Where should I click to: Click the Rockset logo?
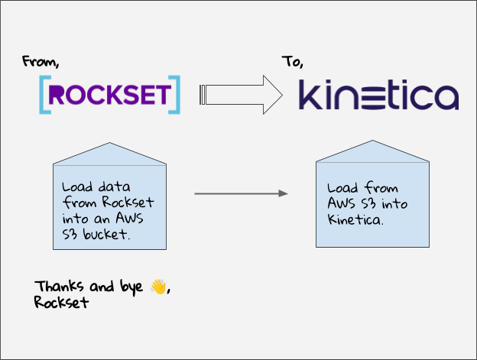point(109,94)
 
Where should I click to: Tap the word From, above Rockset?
point(40,60)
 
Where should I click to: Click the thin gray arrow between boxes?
point(241,194)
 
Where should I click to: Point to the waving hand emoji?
point(157,287)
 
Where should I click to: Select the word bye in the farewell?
point(132,288)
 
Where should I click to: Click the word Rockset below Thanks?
point(61,302)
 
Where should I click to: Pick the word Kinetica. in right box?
point(355,220)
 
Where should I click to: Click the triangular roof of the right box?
point(373,153)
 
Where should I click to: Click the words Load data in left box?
point(91,187)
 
